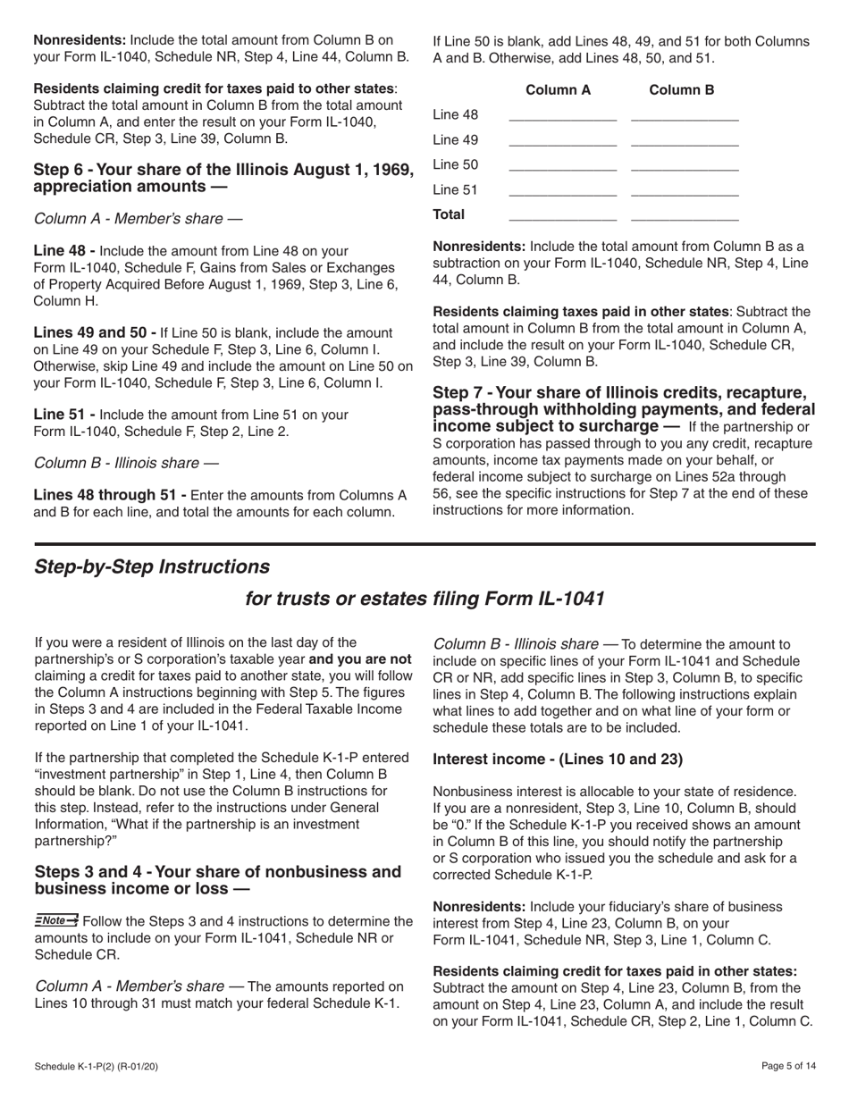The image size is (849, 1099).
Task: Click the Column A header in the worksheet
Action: pyautogui.click(x=558, y=90)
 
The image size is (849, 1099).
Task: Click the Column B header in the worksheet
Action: pyautogui.click(x=681, y=90)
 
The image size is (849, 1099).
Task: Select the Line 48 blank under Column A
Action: pyautogui.click(x=562, y=116)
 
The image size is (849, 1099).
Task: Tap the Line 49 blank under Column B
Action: pyautogui.click(x=685, y=141)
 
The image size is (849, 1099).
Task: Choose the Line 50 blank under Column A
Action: pyautogui.click(x=562, y=166)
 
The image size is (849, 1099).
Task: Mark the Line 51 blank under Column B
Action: pyautogui.click(x=685, y=191)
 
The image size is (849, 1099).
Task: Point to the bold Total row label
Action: pyautogui.click(x=449, y=214)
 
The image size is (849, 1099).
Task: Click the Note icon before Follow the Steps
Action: pyautogui.click(x=56, y=920)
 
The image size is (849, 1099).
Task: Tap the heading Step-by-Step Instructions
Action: pyautogui.click(x=151, y=567)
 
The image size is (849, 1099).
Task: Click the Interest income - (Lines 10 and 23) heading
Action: pyautogui.click(x=558, y=759)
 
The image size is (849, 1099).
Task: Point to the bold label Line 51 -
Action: pyautogui.click(x=64, y=415)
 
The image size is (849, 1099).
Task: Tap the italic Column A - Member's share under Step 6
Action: pyautogui.click(x=138, y=219)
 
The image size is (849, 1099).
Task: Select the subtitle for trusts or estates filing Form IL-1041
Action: pyautogui.click(x=424, y=599)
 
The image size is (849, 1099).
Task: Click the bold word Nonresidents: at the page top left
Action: pyautogui.click(x=80, y=40)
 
